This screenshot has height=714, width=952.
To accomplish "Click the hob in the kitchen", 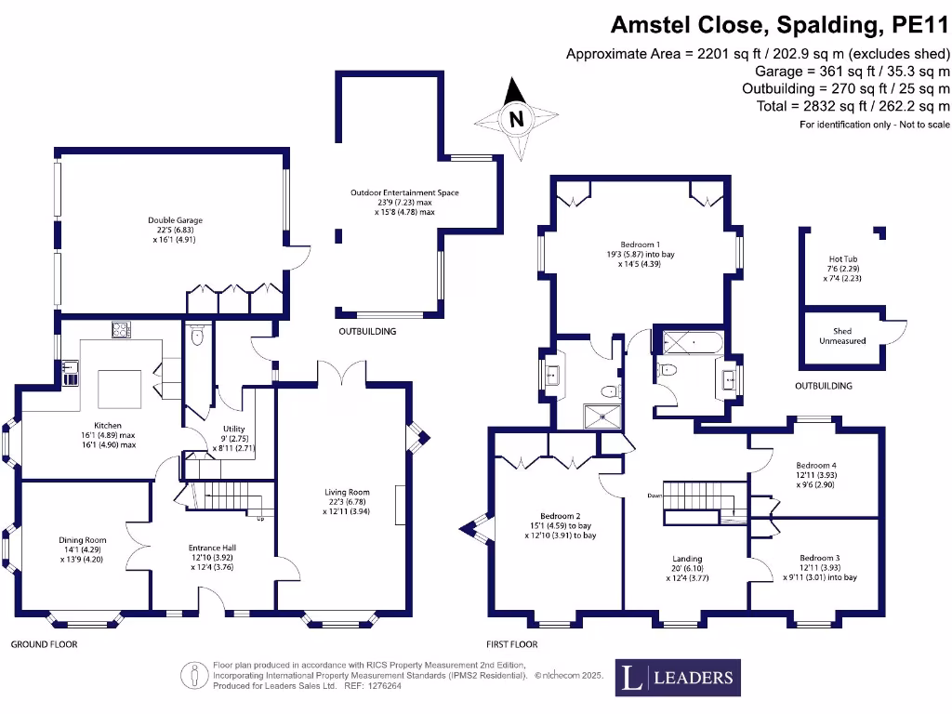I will point(122,328).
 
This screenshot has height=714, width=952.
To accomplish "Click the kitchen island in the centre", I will point(120,388).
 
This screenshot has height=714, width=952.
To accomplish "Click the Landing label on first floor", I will point(687,565).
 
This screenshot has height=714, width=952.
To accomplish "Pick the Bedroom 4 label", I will point(815,470).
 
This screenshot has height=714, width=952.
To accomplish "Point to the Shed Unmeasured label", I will point(841,336).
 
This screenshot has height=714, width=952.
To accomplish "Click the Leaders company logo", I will point(680,677).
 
